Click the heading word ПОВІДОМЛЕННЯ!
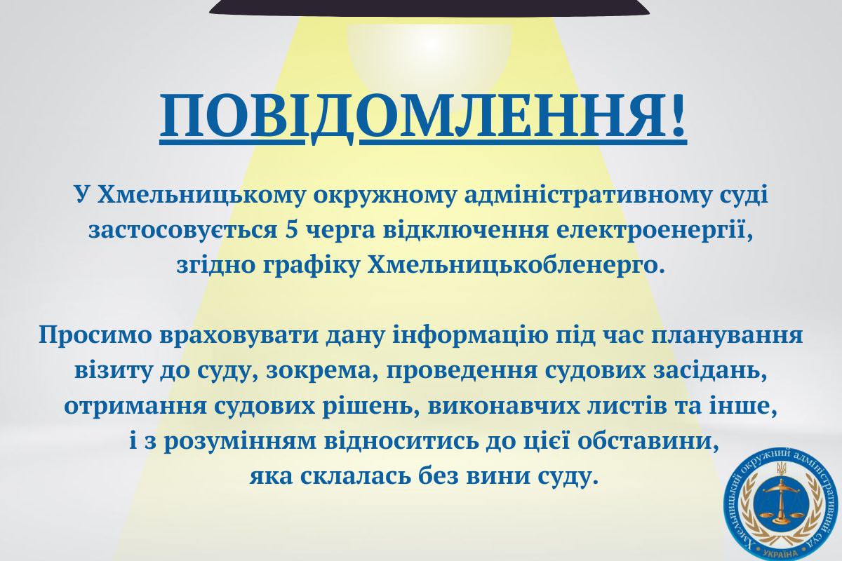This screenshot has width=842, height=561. (x=424, y=119)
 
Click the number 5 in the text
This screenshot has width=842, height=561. (x=292, y=230)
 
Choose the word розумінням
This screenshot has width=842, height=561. (x=240, y=442)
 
